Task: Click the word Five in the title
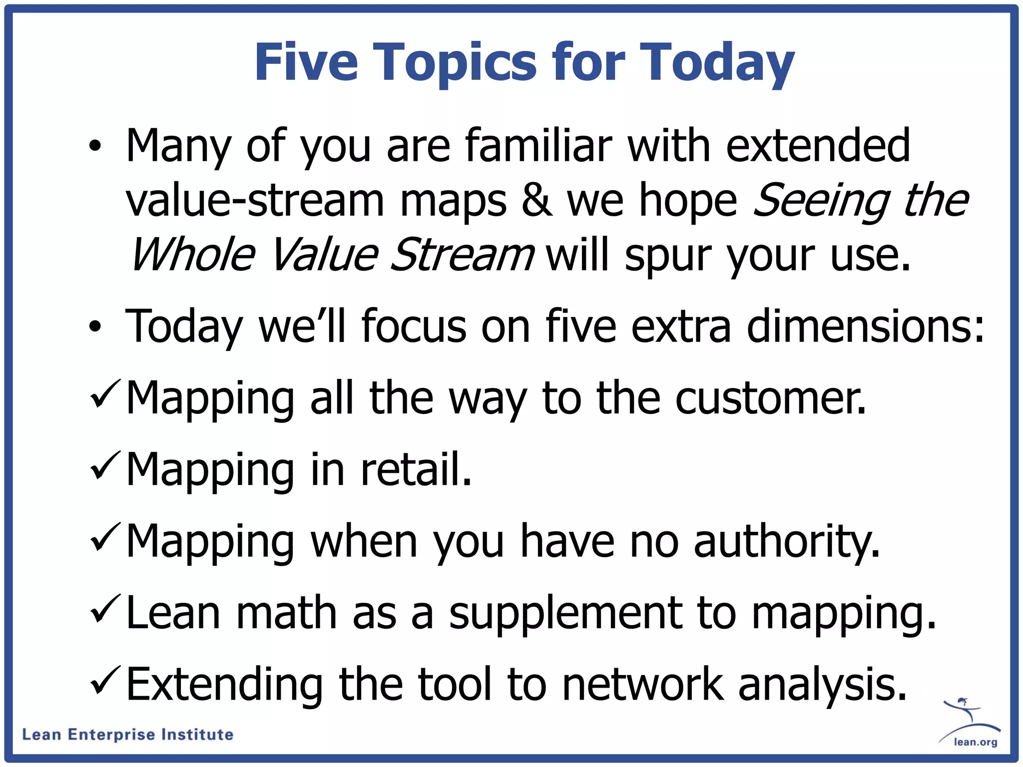(306, 62)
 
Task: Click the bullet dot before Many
(95, 146)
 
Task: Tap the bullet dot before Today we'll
(95, 327)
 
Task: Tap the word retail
(416, 469)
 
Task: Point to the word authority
(787, 542)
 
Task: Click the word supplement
(565, 614)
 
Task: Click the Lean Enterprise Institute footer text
(128, 735)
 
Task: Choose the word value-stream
(255, 201)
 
